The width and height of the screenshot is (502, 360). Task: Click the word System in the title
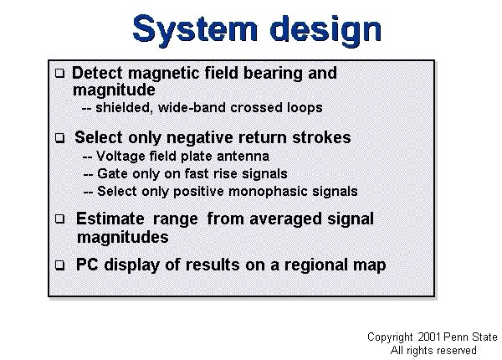click(195, 29)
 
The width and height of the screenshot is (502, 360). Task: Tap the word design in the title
click(325, 29)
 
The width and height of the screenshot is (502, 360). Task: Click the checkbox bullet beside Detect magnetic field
click(60, 74)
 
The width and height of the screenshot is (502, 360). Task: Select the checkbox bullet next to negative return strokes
click(60, 138)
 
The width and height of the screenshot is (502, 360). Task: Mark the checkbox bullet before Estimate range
click(60, 219)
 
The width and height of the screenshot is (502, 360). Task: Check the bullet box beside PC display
click(60, 265)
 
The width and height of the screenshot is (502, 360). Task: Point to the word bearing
click(273, 74)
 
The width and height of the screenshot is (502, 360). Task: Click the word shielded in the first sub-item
click(123, 108)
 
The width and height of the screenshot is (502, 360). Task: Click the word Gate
click(112, 173)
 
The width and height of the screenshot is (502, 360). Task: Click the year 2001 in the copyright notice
click(429, 337)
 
